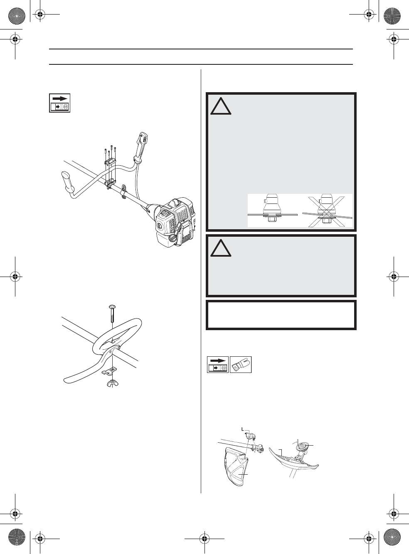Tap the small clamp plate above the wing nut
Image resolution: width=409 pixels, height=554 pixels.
click(x=111, y=370)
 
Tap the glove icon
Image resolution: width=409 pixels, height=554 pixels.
click(x=241, y=365)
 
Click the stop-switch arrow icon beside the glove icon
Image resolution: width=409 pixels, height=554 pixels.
click(x=218, y=365)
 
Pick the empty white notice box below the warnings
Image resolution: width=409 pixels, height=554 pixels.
click(x=281, y=315)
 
